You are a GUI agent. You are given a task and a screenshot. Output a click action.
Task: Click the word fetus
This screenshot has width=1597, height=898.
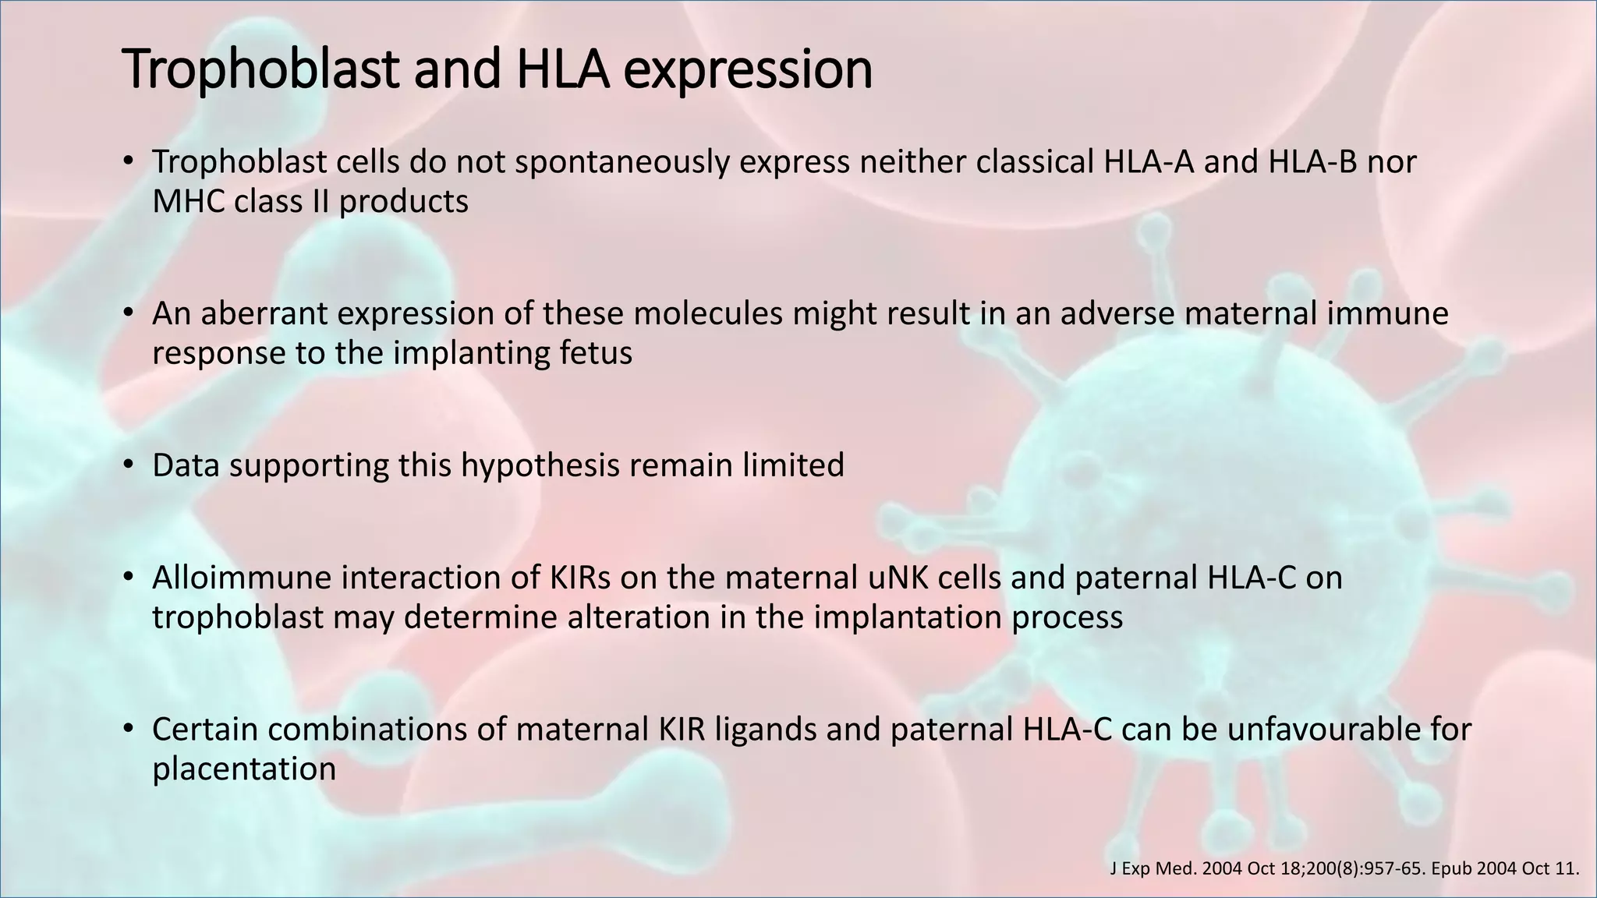(x=596, y=353)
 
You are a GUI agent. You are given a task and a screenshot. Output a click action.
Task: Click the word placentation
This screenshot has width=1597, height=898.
(x=243, y=769)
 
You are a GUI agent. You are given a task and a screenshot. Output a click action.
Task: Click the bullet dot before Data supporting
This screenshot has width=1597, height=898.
(x=129, y=465)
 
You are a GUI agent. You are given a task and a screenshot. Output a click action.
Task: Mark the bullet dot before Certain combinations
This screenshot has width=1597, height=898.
(x=129, y=730)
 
